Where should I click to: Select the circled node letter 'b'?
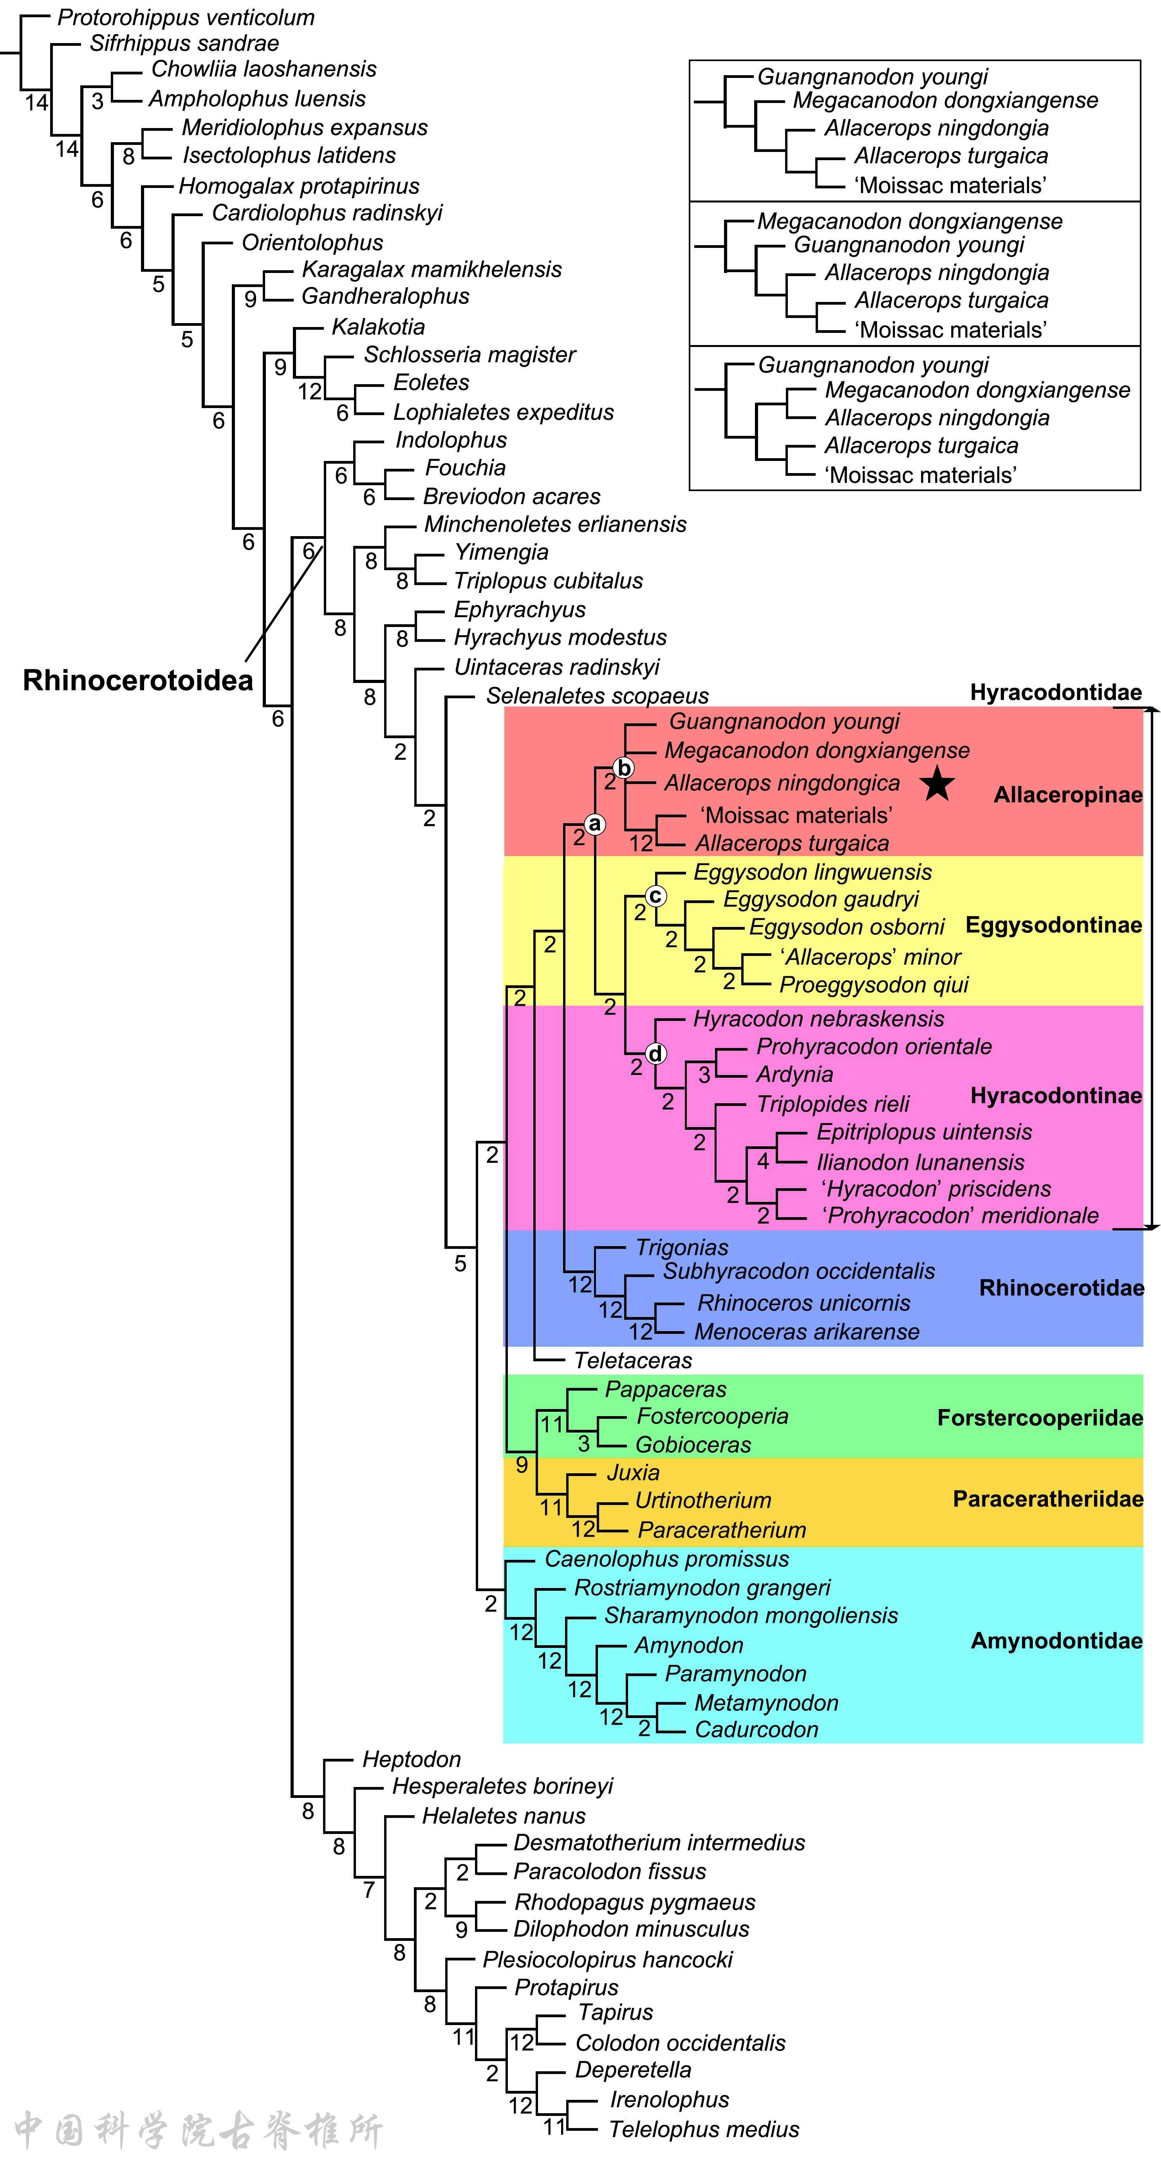click(x=623, y=768)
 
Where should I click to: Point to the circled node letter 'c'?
click(x=655, y=896)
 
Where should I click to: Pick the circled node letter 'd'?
click(x=655, y=1053)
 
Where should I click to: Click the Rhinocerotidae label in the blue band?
click(x=1061, y=1287)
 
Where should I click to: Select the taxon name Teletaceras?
click(x=633, y=1360)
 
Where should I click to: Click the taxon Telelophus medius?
click(x=703, y=2129)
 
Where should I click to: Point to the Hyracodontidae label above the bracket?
click(x=1055, y=692)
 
